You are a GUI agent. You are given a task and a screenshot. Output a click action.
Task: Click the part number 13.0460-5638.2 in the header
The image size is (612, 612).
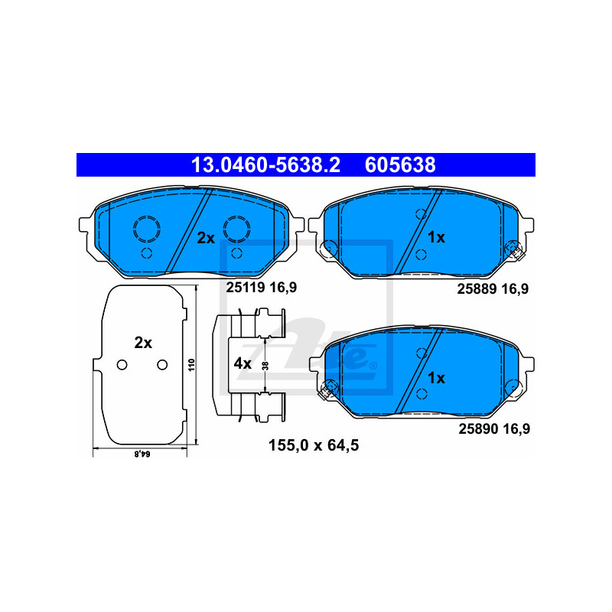[x=265, y=165]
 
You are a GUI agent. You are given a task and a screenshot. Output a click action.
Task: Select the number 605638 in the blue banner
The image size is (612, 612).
[x=400, y=165]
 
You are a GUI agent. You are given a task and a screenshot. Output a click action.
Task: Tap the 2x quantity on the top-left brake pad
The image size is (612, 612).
[x=206, y=238]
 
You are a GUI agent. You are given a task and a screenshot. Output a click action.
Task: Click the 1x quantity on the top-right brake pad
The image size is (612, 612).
[x=436, y=237]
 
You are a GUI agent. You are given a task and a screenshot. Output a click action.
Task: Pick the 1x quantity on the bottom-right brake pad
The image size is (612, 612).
[x=436, y=378]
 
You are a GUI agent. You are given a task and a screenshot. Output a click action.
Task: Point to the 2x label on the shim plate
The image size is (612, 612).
[x=143, y=343]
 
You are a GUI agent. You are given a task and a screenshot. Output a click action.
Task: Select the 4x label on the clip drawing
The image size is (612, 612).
[x=243, y=363]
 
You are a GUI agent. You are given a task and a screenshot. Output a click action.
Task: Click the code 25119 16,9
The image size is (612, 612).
[x=262, y=288]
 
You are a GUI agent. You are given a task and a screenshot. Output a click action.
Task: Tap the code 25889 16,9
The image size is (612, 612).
[x=493, y=289]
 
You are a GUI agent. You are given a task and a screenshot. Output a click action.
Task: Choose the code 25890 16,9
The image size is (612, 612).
[x=494, y=429]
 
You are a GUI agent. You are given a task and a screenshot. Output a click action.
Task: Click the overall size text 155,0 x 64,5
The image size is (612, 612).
[x=314, y=445]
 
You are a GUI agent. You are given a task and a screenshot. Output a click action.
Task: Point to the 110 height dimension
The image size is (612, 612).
[x=191, y=365]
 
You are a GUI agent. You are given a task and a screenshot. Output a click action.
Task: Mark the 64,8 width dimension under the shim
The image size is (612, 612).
[x=142, y=454]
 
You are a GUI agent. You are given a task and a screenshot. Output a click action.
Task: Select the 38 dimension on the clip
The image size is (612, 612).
[x=265, y=366]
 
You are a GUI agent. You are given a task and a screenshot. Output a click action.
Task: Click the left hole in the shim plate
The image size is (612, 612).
[x=122, y=365]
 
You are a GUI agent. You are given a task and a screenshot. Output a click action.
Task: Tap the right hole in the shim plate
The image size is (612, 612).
[x=162, y=365]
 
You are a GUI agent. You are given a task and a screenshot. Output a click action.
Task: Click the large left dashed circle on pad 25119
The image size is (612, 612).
[x=147, y=229]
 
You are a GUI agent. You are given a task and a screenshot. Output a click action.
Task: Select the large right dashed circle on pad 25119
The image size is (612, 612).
[x=237, y=229]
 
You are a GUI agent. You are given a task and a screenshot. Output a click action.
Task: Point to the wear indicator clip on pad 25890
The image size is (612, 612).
[x=328, y=389]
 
